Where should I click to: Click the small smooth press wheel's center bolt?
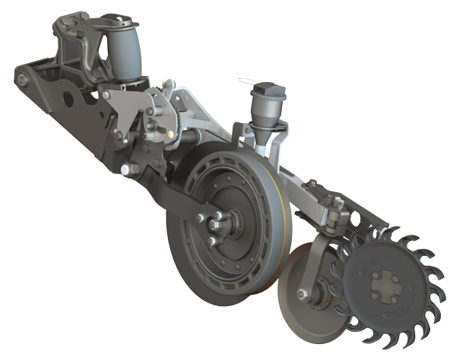click(302, 294)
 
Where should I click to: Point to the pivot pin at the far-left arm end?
click(22, 77)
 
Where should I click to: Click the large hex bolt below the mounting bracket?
click(125, 168)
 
